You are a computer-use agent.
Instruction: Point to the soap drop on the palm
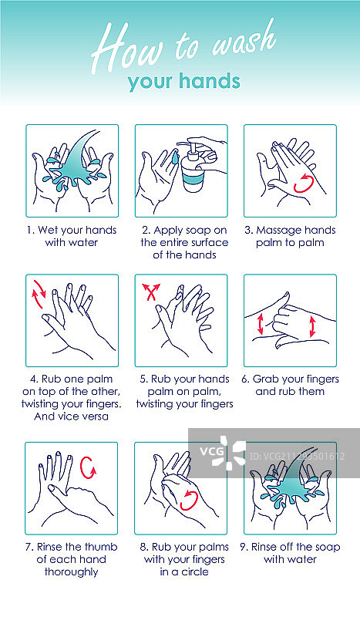pyautogui.click(x=175, y=158)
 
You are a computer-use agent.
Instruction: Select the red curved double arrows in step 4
pyautogui.click(x=39, y=294)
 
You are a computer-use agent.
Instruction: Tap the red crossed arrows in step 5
pyautogui.click(x=151, y=292)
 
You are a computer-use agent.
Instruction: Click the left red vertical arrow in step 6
pyautogui.click(x=260, y=324)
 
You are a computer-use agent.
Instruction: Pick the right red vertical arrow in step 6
pyautogui.click(x=312, y=326)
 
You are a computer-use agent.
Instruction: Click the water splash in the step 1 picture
pyautogui.click(x=75, y=165)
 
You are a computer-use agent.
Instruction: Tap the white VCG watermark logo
pyautogui.click(x=223, y=452)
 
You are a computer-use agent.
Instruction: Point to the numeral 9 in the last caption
pyautogui.click(x=243, y=547)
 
